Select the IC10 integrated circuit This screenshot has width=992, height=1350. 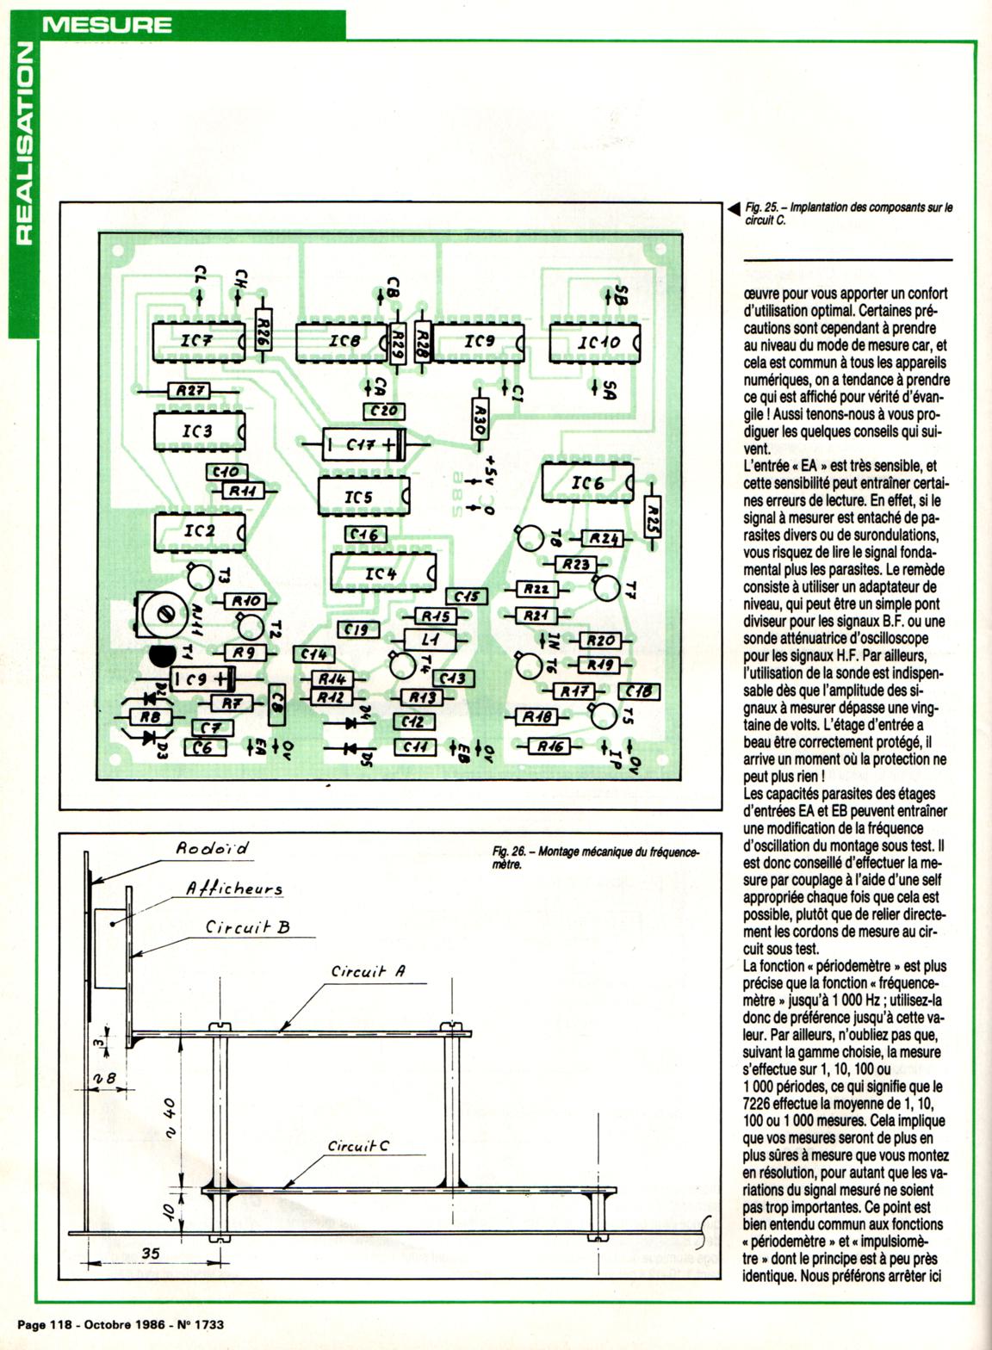tap(595, 342)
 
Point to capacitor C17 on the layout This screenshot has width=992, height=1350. tap(363, 445)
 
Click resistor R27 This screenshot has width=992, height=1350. tap(189, 391)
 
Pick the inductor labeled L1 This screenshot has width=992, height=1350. tap(431, 640)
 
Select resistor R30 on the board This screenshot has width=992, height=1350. tap(480, 419)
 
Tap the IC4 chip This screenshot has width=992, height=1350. tap(381, 573)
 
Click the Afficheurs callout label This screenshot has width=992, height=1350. tap(234, 889)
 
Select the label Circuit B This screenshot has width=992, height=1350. tap(247, 927)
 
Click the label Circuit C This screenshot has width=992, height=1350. tap(357, 1146)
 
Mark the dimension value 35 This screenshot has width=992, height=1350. tap(151, 1254)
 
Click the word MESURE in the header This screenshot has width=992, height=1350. tap(107, 23)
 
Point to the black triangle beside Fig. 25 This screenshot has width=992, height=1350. tap(733, 209)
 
